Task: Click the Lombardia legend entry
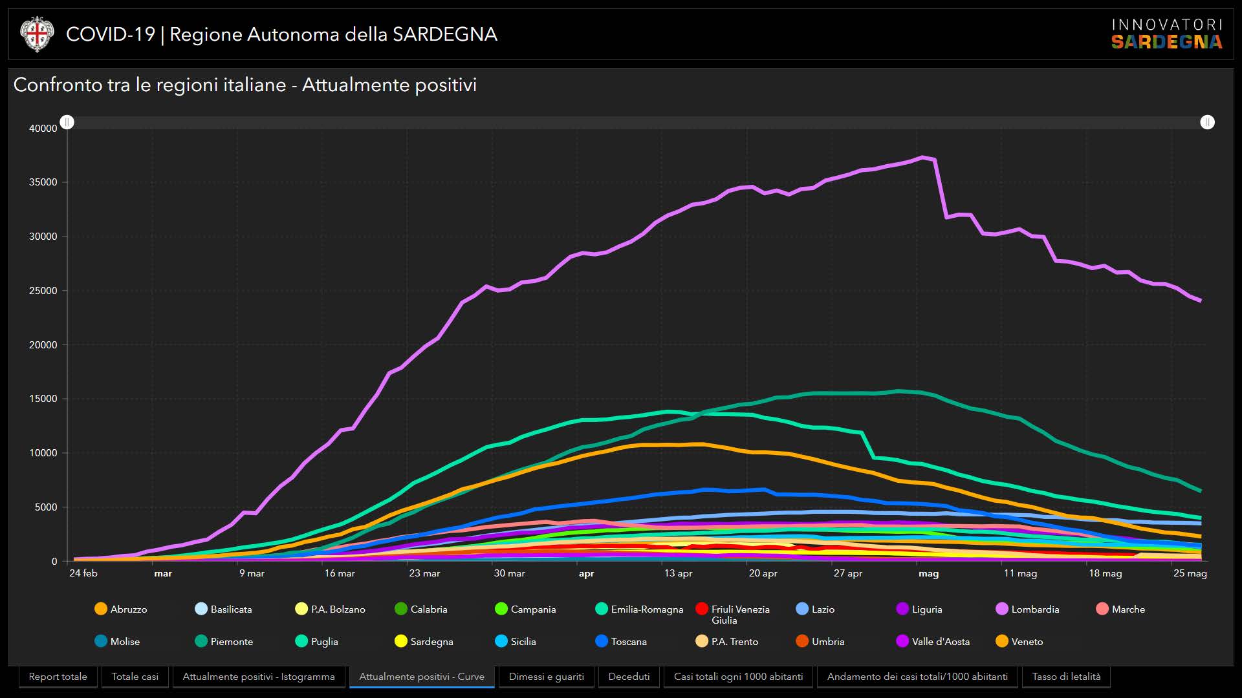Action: (x=1028, y=609)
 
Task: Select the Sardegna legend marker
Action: (x=401, y=641)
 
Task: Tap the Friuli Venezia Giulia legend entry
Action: (x=733, y=614)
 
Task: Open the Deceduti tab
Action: (x=629, y=677)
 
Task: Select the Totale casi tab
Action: (x=135, y=677)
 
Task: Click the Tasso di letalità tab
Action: (x=1065, y=677)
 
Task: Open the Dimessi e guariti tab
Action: (x=546, y=677)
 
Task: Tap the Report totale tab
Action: (x=58, y=677)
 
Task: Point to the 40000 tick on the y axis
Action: (x=43, y=129)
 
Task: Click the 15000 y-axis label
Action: (x=43, y=399)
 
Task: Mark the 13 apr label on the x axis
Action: (x=678, y=573)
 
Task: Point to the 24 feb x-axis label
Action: (x=83, y=573)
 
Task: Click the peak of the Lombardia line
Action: (x=923, y=157)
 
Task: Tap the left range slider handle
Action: (x=67, y=122)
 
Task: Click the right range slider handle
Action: (x=1207, y=122)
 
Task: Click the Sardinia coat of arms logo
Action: (x=37, y=34)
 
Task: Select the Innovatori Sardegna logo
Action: (x=1166, y=34)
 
